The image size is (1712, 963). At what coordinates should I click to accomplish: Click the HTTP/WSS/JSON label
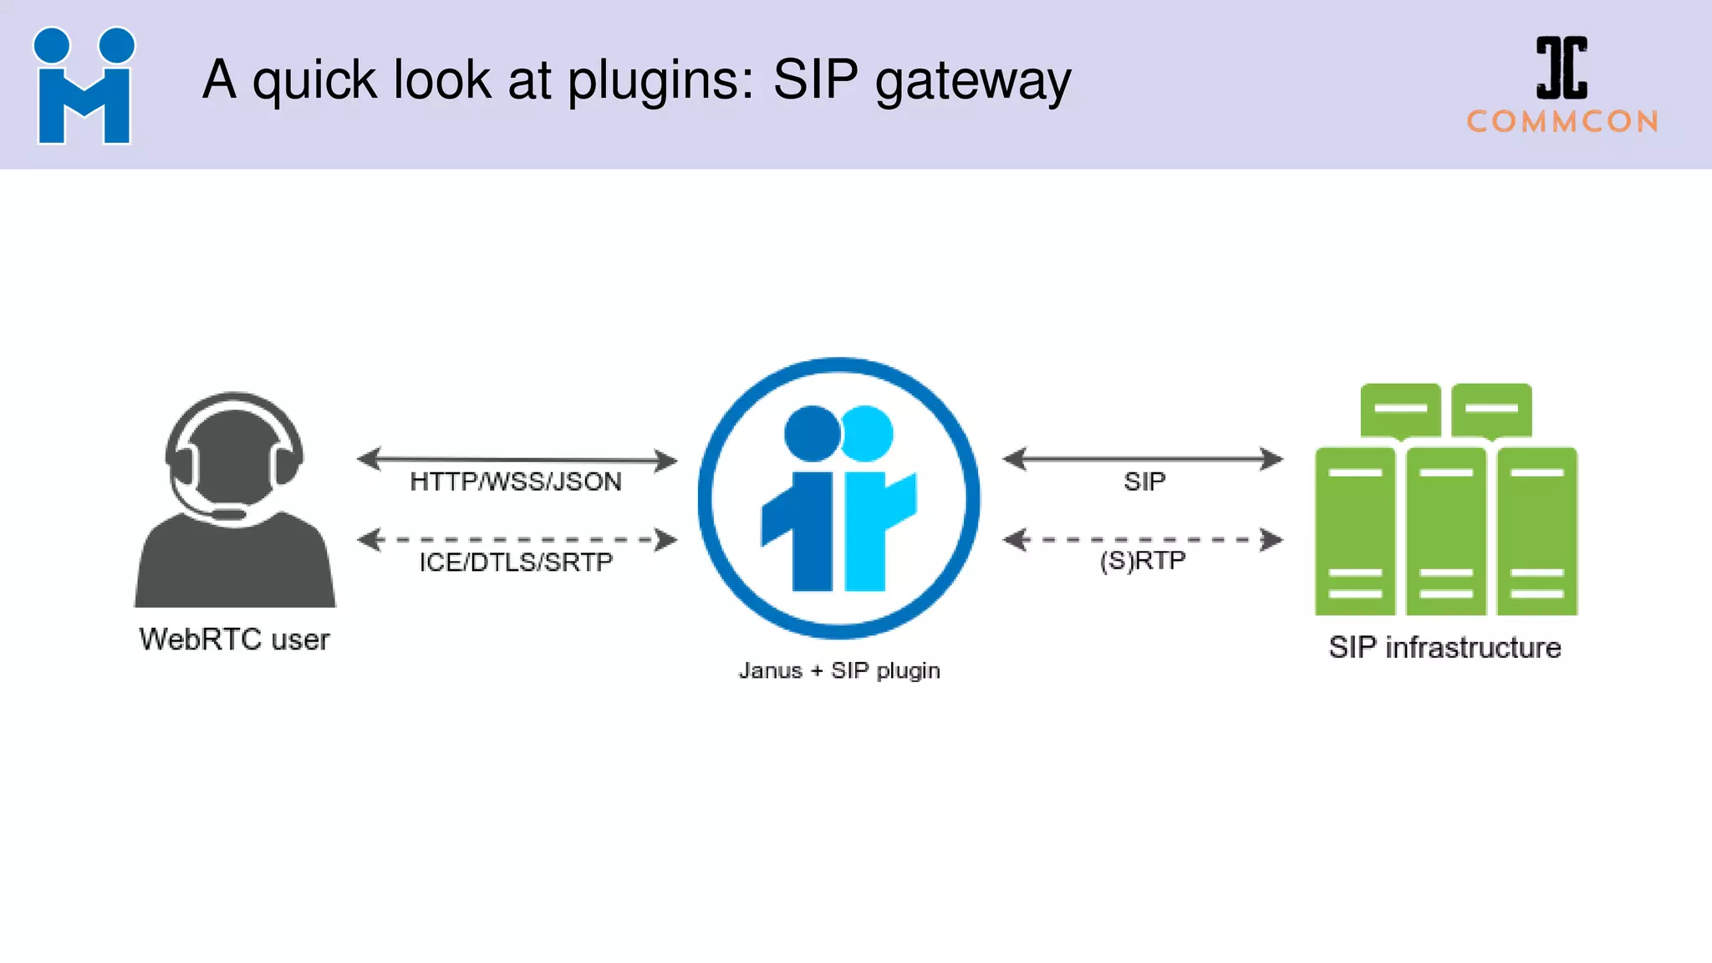[516, 482]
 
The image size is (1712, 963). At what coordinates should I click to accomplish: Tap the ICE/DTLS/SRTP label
[516, 563]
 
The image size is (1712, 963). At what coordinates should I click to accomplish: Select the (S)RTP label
[1143, 560]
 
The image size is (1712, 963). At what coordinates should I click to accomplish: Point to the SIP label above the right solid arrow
[1144, 482]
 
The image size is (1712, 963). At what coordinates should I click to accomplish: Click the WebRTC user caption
[234, 639]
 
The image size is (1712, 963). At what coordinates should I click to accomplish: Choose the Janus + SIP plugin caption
[839, 670]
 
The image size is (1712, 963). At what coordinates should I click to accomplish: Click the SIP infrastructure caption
[1444, 648]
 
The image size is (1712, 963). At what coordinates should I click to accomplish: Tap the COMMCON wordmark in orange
[1562, 122]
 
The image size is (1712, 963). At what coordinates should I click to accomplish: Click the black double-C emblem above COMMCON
[1562, 68]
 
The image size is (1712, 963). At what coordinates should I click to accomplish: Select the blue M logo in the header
[84, 86]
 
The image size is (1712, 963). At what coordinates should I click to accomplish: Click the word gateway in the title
[972, 81]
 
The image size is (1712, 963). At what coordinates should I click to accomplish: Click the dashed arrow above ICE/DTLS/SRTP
[517, 540]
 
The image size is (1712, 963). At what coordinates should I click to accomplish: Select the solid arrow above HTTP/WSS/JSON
[517, 459]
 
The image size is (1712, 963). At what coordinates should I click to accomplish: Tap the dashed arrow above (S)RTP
[1143, 540]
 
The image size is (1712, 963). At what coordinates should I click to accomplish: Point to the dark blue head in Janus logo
[811, 433]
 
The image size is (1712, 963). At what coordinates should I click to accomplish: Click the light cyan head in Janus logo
[868, 433]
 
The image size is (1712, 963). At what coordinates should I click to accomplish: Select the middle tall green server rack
[1445, 532]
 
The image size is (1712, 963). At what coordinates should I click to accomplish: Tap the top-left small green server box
[1400, 410]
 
